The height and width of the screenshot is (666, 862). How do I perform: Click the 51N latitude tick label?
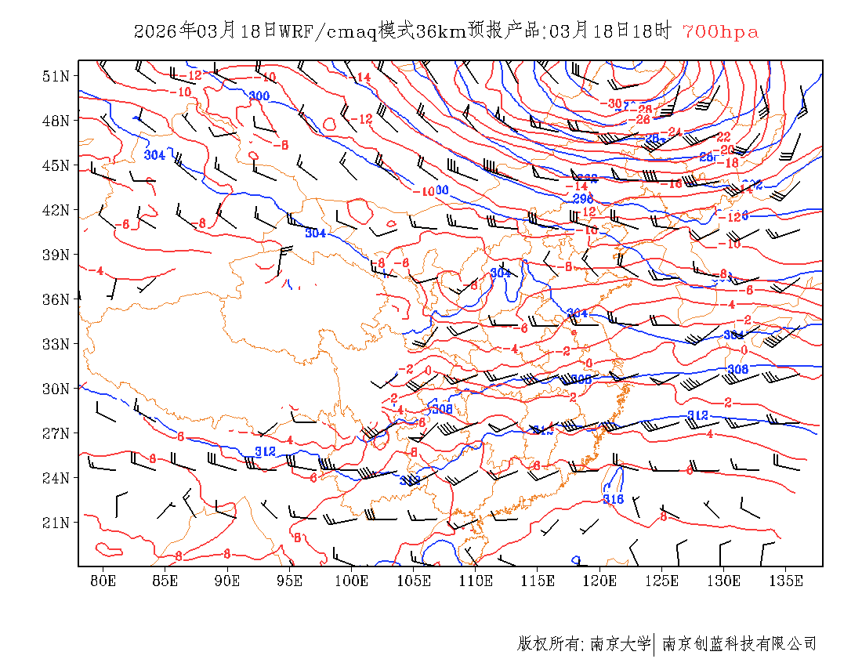tap(56, 76)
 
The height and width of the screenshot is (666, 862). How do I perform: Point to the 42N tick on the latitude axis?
tap(56, 210)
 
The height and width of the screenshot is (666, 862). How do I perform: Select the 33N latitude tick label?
tap(56, 344)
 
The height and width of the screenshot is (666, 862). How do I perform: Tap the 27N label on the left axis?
tap(56, 433)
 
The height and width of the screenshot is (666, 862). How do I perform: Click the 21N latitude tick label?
tap(56, 523)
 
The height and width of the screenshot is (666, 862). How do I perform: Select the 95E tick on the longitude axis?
tap(290, 581)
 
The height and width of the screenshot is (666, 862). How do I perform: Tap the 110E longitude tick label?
tap(476, 581)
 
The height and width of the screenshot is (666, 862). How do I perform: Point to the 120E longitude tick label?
tap(600, 581)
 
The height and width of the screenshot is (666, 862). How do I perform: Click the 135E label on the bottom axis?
tap(786, 581)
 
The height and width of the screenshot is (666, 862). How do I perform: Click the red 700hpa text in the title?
tap(720, 32)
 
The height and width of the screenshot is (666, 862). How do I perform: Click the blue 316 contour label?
tap(613, 499)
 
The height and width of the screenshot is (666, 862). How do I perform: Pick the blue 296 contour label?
tap(582, 199)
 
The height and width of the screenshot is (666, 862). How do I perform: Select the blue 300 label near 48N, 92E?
tap(259, 96)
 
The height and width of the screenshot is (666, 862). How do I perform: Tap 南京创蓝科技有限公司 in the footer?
tap(739, 644)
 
